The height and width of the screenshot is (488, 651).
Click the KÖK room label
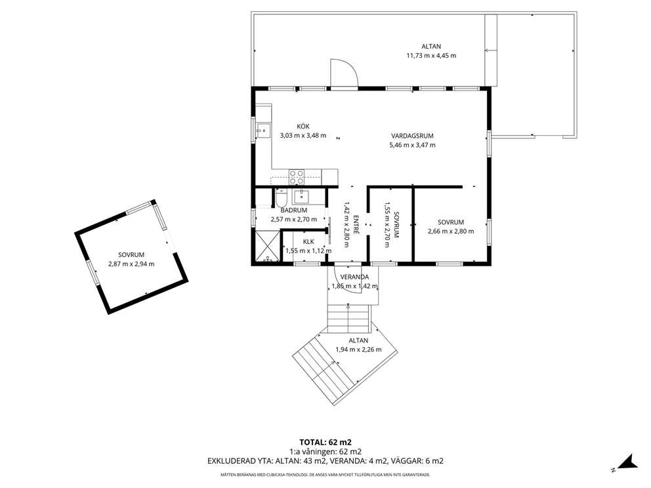point(303,127)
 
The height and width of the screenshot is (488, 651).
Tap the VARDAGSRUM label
point(412,136)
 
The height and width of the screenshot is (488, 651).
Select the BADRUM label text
point(293,211)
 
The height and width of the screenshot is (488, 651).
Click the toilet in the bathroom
point(281,198)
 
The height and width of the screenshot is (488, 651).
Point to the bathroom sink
point(301,196)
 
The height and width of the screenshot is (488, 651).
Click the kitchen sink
point(262,131)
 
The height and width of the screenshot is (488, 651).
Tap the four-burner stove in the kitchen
point(297,177)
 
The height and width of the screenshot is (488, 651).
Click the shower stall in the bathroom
point(268,246)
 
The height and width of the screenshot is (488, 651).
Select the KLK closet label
point(308,241)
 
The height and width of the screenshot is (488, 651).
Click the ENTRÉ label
point(356,224)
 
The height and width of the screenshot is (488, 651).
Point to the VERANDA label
point(354,277)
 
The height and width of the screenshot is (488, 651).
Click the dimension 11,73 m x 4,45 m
point(431,56)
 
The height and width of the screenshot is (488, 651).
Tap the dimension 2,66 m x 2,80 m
point(451,231)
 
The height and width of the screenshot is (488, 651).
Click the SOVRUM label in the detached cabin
point(131,254)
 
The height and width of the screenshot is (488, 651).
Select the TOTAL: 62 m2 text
point(325,442)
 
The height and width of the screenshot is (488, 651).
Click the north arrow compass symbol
point(628,462)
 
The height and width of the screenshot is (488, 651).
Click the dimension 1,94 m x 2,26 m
point(358,350)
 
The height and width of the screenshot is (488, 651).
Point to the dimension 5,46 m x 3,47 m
point(412,145)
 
